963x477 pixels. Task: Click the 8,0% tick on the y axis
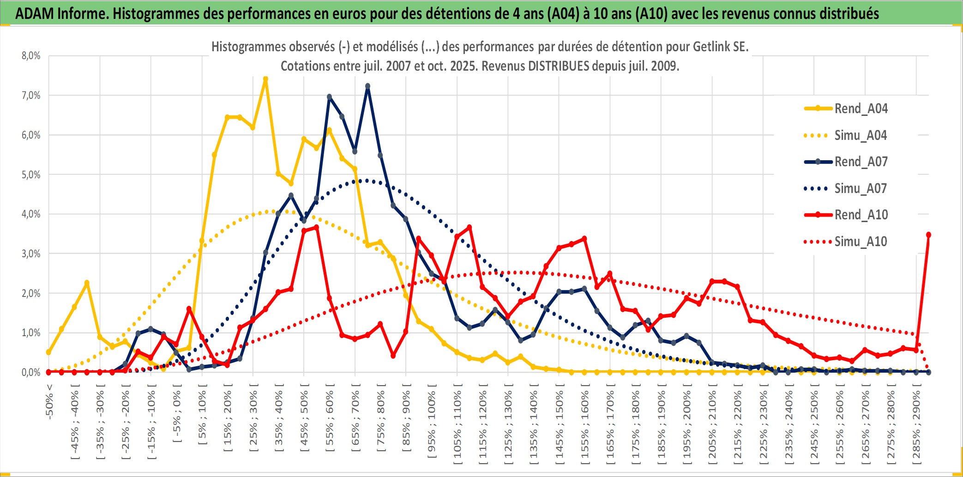(31, 56)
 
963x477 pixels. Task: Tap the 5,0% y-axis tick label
(31, 175)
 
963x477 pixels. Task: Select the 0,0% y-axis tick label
(31, 372)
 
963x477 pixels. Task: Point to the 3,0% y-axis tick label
(31, 254)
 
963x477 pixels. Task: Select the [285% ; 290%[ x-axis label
(916, 427)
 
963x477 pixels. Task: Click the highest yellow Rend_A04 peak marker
(265, 79)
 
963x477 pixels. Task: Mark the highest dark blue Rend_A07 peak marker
(367, 86)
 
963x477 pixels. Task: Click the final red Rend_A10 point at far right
(928, 235)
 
